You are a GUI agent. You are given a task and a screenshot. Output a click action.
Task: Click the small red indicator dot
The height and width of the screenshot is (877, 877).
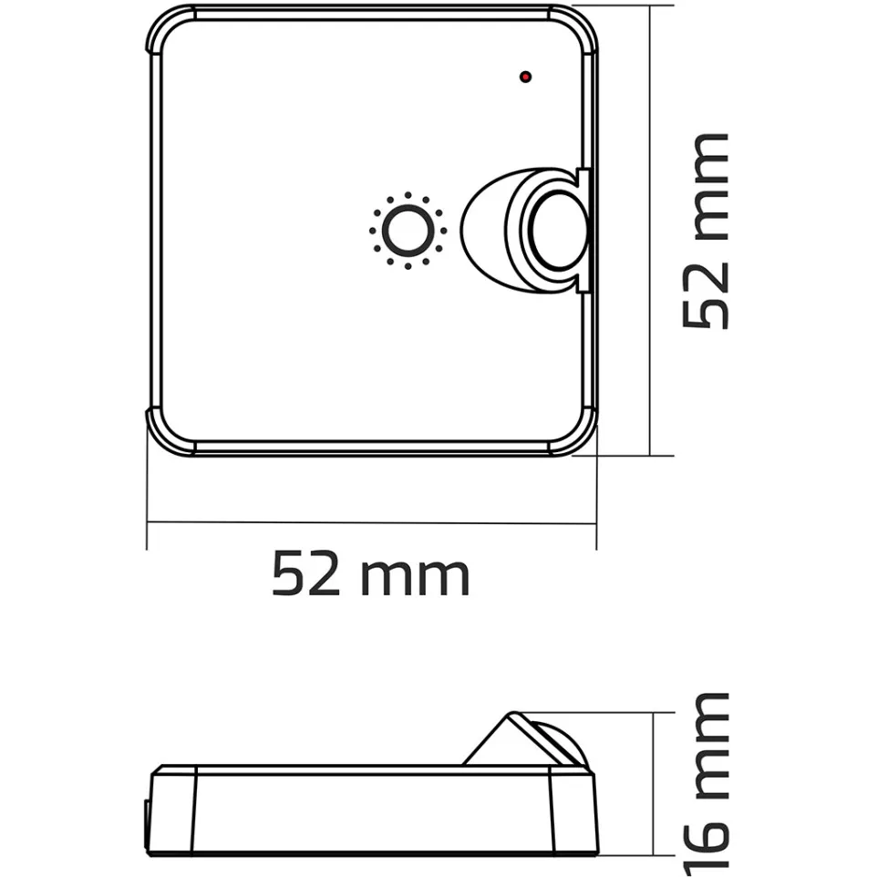pyautogui.click(x=525, y=77)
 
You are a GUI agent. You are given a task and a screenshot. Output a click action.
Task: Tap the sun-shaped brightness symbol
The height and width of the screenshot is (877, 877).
pyautogui.click(x=408, y=231)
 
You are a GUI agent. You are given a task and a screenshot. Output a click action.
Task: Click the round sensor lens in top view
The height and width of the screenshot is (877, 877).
pyautogui.click(x=554, y=232)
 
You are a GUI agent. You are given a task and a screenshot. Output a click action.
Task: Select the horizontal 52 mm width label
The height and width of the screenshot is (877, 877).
pyautogui.click(x=370, y=575)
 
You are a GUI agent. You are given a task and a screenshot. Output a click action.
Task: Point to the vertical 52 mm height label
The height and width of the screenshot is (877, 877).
pyautogui.click(x=707, y=231)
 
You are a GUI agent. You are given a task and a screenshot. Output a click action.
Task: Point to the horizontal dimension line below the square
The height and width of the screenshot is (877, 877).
pyautogui.click(x=371, y=523)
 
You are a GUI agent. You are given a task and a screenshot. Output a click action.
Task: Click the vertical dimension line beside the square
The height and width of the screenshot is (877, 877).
pyautogui.click(x=649, y=231)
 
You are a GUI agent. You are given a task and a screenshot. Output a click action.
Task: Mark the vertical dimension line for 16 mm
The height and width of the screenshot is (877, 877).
pyautogui.click(x=654, y=784)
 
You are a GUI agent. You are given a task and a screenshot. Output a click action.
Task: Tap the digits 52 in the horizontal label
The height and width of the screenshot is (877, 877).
pyautogui.click(x=305, y=575)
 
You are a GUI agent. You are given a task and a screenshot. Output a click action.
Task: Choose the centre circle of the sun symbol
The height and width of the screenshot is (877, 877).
pyautogui.click(x=408, y=231)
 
